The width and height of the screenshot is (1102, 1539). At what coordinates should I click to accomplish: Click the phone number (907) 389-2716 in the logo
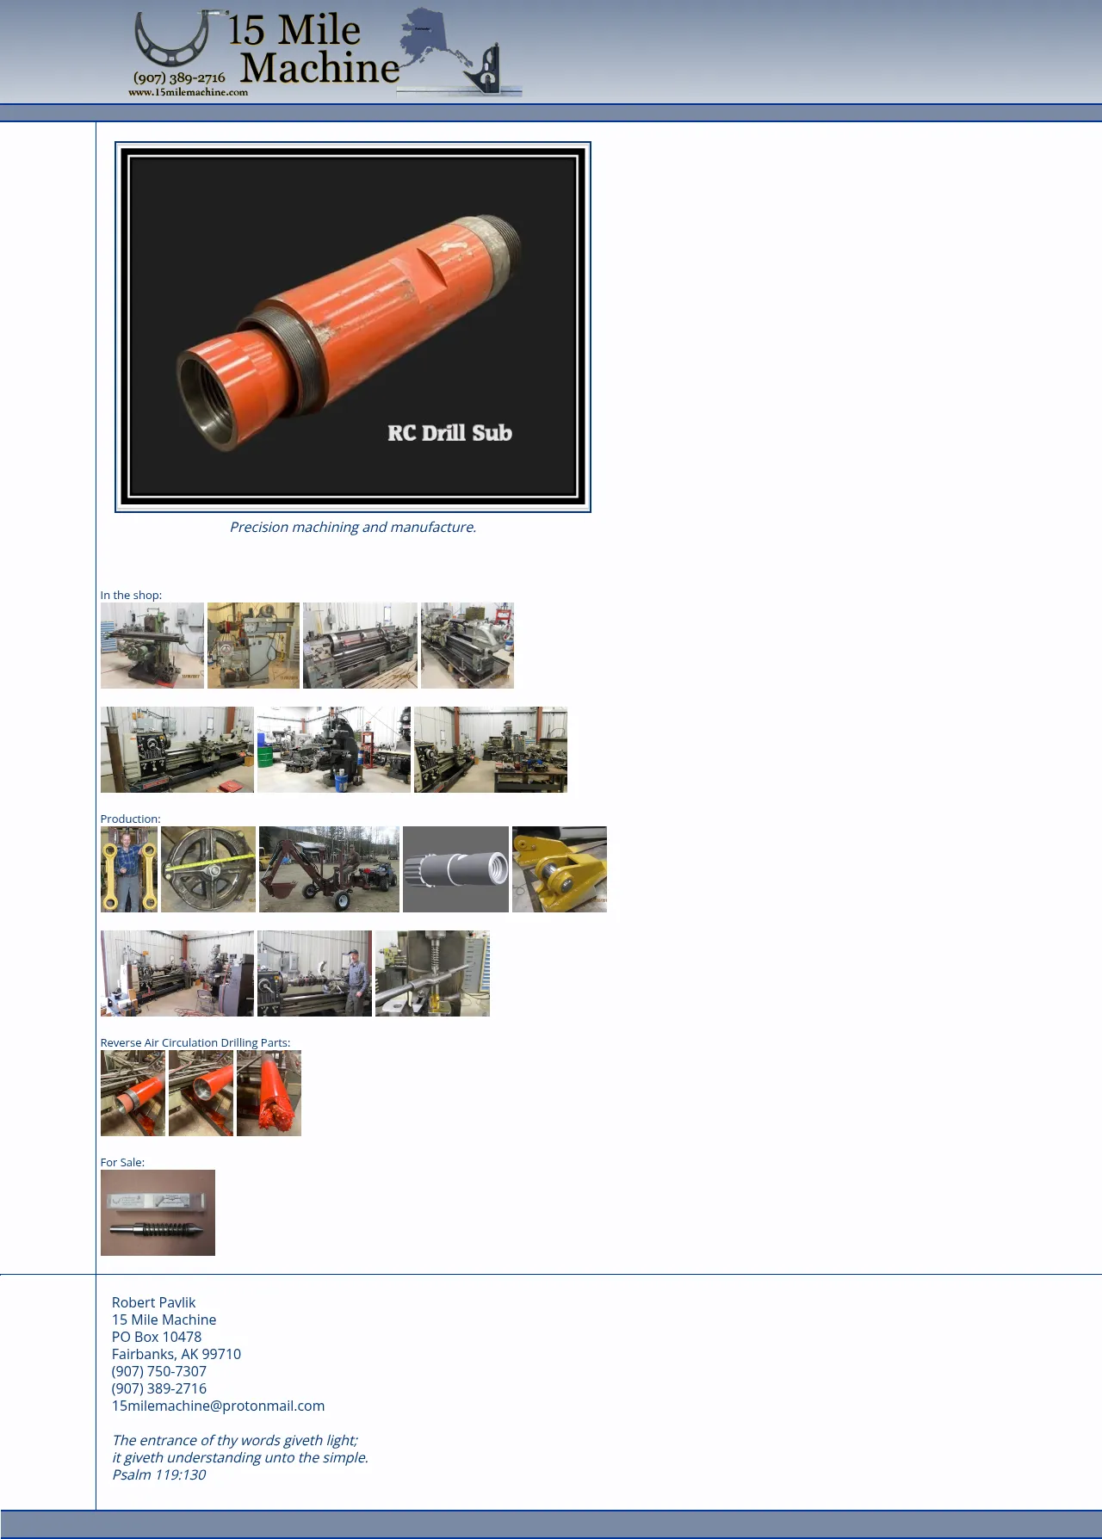tap(179, 78)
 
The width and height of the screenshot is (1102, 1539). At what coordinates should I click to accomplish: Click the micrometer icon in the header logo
tap(172, 40)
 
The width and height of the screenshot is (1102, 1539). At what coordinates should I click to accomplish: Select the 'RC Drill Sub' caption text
tap(449, 433)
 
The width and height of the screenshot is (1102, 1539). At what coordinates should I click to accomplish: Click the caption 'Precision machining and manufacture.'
tap(353, 527)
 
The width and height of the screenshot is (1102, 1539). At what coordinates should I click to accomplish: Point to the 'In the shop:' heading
tap(131, 595)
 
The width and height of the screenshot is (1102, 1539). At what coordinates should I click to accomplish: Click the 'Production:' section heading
tap(130, 819)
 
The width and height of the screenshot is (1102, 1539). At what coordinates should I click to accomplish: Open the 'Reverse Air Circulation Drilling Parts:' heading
tap(195, 1042)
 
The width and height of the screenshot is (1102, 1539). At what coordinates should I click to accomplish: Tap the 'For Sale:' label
tap(122, 1162)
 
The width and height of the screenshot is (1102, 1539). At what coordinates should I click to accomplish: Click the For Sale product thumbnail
tap(158, 1213)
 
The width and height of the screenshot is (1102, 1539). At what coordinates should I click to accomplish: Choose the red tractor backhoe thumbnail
tap(329, 869)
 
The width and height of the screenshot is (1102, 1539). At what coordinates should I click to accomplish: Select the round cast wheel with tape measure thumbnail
tap(208, 869)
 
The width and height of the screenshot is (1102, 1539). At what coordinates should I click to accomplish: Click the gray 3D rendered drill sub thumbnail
tap(455, 869)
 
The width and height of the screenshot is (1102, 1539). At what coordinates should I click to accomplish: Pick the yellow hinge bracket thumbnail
tap(560, 869)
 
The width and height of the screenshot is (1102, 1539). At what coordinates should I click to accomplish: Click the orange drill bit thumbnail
tap(269, 1093)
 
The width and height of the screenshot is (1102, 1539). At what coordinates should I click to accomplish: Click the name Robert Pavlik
tap(153, 1302)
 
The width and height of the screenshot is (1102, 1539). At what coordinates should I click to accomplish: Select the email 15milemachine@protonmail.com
tap(218, 1406)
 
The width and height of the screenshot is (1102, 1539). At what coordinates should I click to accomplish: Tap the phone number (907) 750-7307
tap(159, 1371)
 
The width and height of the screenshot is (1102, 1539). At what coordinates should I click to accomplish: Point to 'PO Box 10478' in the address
tap(157, 1337)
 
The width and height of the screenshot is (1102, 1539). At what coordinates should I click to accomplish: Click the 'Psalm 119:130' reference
tap(159, 1474)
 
